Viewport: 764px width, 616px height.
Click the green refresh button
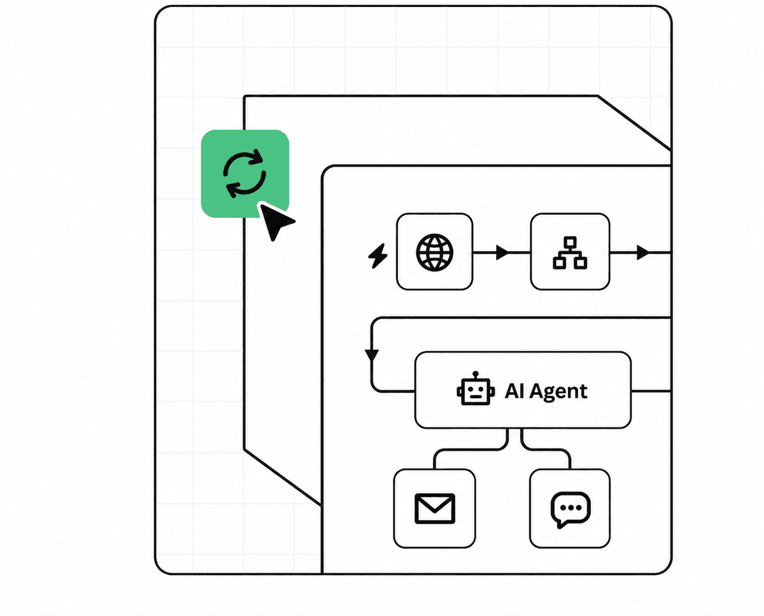pyautogui.click(x=245, y=173)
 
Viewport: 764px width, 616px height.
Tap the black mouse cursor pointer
pyautogui.click(x=276, y=221)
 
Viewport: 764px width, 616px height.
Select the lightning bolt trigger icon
pyautogui.click(x=378, y=256)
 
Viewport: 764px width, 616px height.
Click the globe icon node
pyautogui.click(x=435, y=252)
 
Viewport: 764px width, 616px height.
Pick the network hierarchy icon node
pyautogui.click(x=570, y=252)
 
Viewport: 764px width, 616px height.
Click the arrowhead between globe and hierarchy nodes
pyautogui.click(x=502, y=253)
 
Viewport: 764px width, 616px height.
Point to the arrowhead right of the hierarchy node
pyautogui.click(x=643, y=253)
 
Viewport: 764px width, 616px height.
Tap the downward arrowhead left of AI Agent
pyautogui.click(x=372, y=355)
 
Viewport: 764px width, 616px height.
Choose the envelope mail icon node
pyautogui.click(x=435, y=508)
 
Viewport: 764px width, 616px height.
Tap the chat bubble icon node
pyautogui.click(x=570, y=508)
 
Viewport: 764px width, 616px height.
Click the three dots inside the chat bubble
pyautogui.click(x=570, y=507)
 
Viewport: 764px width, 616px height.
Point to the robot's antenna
pyautogui.click(x=476, y=375)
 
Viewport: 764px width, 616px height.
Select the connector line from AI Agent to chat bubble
pyautogui.click(x=546, y=450)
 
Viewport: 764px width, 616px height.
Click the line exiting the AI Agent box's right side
pyautogui.click(x=651, y=391)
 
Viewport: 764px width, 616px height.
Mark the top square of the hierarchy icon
pyautogui.click(x=570, y=242)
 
